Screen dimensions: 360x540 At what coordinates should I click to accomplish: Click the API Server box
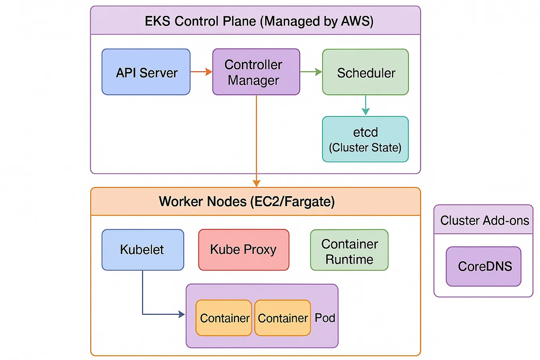(x=146, y=72)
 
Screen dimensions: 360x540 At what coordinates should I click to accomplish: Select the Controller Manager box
(x=256, y=72)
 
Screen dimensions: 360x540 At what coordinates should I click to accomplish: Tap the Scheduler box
(x=365, y=72)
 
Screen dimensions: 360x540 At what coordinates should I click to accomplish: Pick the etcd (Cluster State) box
(x=365, y=139)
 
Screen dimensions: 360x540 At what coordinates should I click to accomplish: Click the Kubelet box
(x=143, y=250)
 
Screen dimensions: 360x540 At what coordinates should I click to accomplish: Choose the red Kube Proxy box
(x=243, y=250)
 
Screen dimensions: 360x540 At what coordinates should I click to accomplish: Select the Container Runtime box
(x=349, y=250)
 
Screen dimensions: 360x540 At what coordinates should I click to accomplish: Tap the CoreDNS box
(x=484, y=266)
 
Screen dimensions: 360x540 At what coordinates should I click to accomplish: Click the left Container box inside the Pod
(x=224, y=318)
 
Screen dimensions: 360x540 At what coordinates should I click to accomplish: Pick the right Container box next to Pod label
(x=282, y=318)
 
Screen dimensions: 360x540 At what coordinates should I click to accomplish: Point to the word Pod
(x=325, y=318)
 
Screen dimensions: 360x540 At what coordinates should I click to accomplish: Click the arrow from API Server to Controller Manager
(x=201, y=72)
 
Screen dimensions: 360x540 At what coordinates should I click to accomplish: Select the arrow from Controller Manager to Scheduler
(x=311, y=72)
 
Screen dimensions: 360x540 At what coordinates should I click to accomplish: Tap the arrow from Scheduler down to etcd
(x=365, y=105)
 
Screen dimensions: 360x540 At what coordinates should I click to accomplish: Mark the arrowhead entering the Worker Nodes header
(x=256, y=183)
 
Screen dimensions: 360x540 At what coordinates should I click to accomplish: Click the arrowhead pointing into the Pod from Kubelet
(x=182, y=314)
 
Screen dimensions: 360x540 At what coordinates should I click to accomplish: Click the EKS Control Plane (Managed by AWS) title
(x=259, y=21)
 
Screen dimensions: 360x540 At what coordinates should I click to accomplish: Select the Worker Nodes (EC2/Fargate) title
(x=247, y=202)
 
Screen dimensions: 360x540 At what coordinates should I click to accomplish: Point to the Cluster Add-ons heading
(x=484, y=220)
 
